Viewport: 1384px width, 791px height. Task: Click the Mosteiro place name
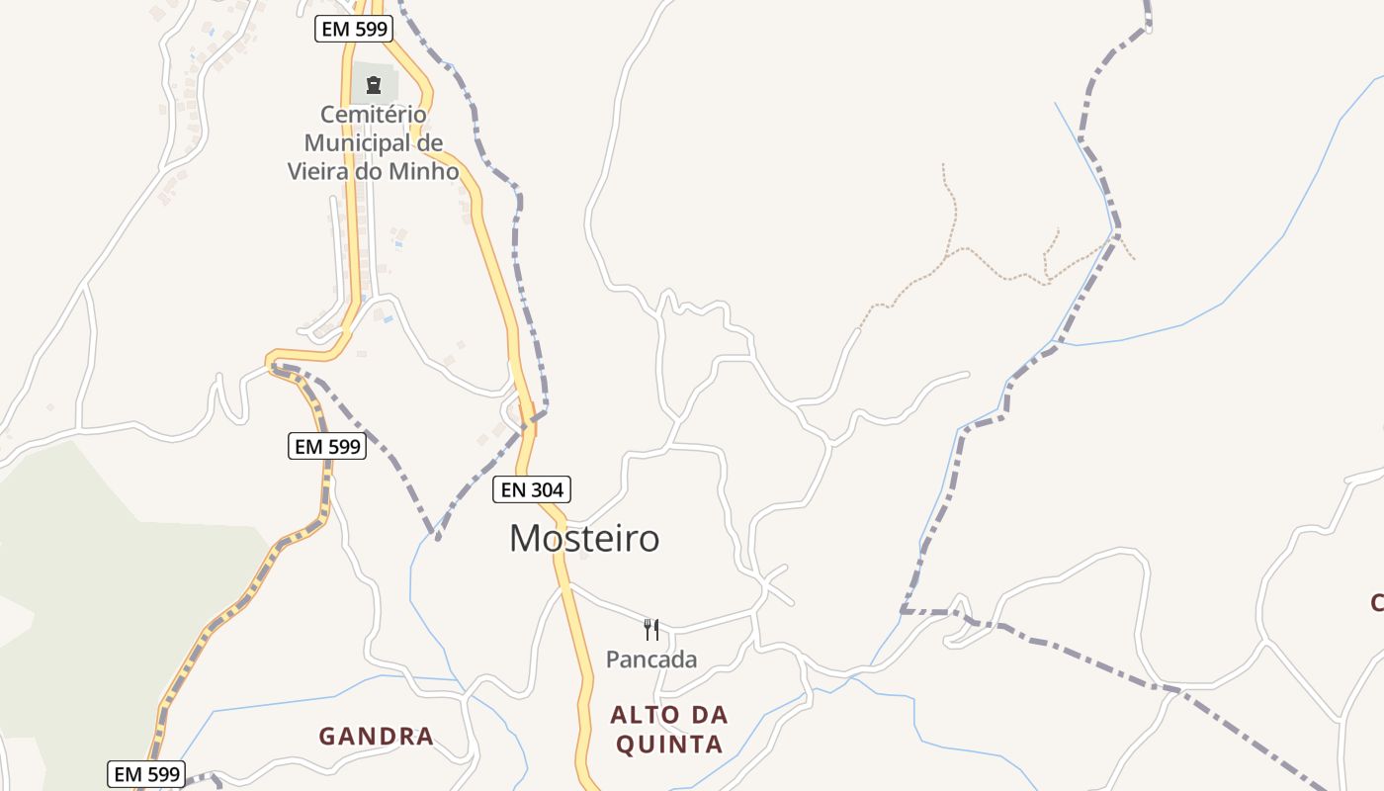pyautogui.click(x=583, y=538)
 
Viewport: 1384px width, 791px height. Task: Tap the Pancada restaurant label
pyautogui.click(x=651, y=659)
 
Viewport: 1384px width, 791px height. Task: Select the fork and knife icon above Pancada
pyautogui.click(x=651, y=630)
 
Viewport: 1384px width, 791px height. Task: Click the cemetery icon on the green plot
pyautogui.click(x=374, y=85)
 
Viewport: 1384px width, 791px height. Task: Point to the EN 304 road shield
pyautogui.click(x=532, y=488)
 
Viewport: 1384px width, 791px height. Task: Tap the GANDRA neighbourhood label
pyautogui.click(x=376, y=736)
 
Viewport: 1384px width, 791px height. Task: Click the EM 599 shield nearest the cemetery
pyautogui.click(x=354, y=29)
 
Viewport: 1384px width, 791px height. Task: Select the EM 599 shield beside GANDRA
pyautogui.click(x=145, y=773)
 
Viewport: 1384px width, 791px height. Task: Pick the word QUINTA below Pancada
pyautogui.click(x=669, y=744)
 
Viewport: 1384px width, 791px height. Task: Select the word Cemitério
pyautogui.click(x=374, y=115)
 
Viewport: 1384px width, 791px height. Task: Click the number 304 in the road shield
pyautogui.click(x=546, y=488)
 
